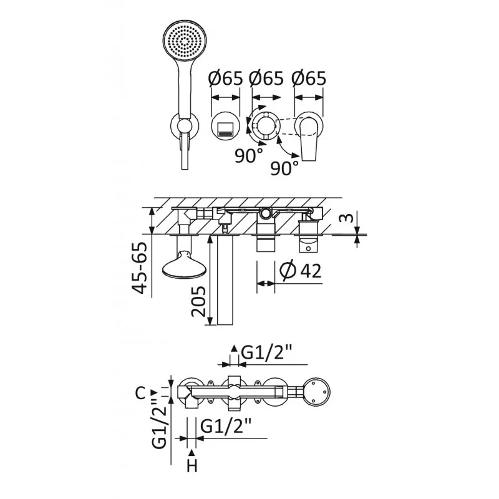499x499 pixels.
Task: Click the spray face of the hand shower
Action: click(x=184, y=42)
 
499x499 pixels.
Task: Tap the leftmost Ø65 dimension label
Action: click(x=225, y=79)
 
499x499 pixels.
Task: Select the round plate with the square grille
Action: click(x=225, y=128)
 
